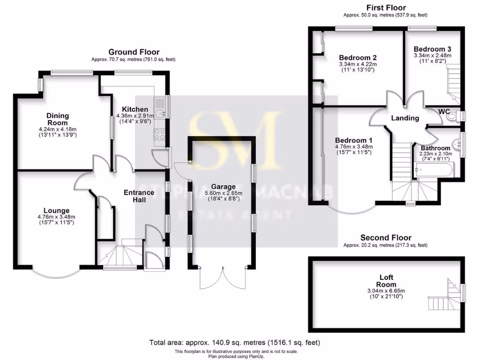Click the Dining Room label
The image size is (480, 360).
click(x=57, y=119)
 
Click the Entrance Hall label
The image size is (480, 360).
click(x=139, y=196)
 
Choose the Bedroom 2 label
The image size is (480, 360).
click(x=358, y=58)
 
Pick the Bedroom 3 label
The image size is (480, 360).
click(x=432, y=49)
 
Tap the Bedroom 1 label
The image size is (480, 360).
click(x=354, y=140)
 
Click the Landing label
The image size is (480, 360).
click(x=405, y=118)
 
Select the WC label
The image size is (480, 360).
click(x=444, y=111)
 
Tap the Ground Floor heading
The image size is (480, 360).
click(x=134, y=52)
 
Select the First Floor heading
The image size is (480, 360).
click(x=385, y=7)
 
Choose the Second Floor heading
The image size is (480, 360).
click(x=385, y=238)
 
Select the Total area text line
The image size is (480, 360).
click(x=235, y=343)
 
